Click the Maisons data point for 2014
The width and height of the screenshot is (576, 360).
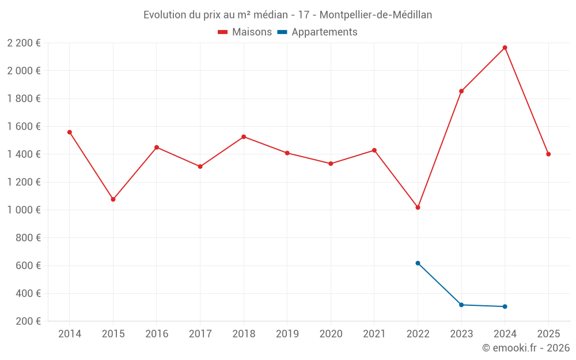[x=70, y=132]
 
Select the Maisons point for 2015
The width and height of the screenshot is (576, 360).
[x=113, y=199]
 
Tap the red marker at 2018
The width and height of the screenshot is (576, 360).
[x=244, y=137]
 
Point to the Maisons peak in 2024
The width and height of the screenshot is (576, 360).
[x=505, y=48]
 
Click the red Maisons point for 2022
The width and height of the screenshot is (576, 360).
[x=418, y=207]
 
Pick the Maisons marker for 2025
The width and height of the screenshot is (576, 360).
[x=548, y=154]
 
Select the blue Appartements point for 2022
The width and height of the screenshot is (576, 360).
[x=418, y=263]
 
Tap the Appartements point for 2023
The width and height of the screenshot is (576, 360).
[x=461, y=305]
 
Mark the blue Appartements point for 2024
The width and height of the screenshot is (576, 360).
[x=505, y=306]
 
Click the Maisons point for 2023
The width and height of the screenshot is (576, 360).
[x=461, y=91]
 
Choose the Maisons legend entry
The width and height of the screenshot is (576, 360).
[x=245, y=32]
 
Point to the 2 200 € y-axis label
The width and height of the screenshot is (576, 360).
[x=24, y=43]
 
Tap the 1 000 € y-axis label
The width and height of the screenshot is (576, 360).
[x=24, y=210]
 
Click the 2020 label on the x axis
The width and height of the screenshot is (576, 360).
[x=331, y=334]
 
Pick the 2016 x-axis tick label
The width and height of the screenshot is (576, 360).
[x=157, y=334]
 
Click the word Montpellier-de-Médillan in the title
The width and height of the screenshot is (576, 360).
[x=375, y=15]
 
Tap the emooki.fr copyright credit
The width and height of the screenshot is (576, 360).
[x=526, y=348]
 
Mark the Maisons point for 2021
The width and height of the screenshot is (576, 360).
[x=374, y=150]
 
